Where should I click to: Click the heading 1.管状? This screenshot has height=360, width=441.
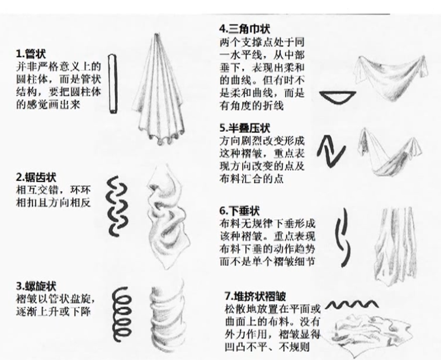pyautogui.click(x=31, y=53)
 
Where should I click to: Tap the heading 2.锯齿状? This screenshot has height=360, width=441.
pyautogui.click(x=36, y=177)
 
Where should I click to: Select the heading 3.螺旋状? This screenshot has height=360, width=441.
pyautogui.click(x=36, y=286)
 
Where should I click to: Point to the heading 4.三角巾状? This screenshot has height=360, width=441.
pyautogui.click(x=245, y=28)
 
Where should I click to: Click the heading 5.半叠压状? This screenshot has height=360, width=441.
pyautogui.click(x=245, y=128)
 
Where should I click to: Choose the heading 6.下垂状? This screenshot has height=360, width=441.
pyautogui.click(x=239, y=211)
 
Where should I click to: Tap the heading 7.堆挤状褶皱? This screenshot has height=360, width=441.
pyautogui.click(x=255, y=296)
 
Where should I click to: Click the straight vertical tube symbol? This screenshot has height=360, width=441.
pyautogui.click(x=113, y=84)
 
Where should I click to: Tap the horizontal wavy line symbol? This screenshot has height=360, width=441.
pyautogui.click(x=352, y=304)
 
